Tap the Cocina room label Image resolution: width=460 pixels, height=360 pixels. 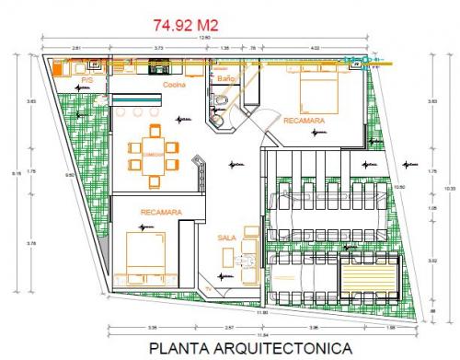pos(175,85)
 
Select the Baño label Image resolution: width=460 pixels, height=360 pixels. pos(226,79)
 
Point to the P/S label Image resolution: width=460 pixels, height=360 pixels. pos(88,82)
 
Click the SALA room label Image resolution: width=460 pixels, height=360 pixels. pos(227,238)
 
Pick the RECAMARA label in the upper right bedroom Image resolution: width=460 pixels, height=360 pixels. pos(304,122)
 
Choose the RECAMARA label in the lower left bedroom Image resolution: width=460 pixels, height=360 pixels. pos(161,213)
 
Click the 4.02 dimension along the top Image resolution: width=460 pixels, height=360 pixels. pos(315,46)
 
